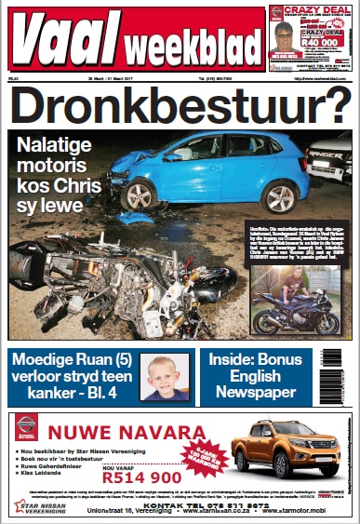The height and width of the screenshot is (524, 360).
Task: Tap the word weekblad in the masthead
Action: [193, 49]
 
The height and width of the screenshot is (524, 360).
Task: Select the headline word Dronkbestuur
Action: [164, 105]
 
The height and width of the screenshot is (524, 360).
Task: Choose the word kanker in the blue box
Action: [39, 390]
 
